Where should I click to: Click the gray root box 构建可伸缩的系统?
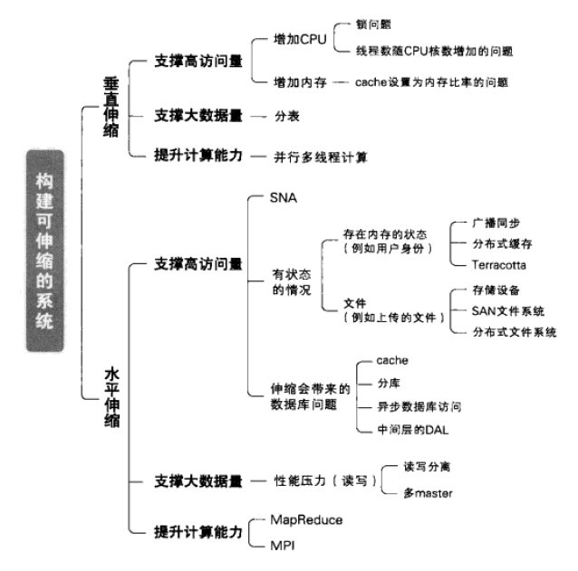(45, 251)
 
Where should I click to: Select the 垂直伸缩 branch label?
(111, 107)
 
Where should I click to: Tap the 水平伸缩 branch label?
(111, 397)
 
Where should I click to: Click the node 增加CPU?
(300, 40)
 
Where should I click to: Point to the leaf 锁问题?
(373, 24)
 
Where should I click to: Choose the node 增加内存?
(300, 82)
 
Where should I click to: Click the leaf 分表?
(287, 117)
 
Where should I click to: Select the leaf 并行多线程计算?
(321, 157)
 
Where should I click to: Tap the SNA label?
(283, 197)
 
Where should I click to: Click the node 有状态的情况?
(292, 282)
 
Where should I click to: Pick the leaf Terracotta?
(499, 265)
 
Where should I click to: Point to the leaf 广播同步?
(496, 224)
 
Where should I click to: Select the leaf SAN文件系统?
(508, 311)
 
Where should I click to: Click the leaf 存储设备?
(496, 290)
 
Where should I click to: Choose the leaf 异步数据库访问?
(419, 407)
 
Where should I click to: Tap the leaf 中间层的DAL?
(413, 430)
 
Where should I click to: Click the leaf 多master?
(428, 493)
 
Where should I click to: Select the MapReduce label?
(306, 519)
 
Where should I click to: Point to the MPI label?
(283, 546)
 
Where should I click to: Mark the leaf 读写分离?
(427, 467)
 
